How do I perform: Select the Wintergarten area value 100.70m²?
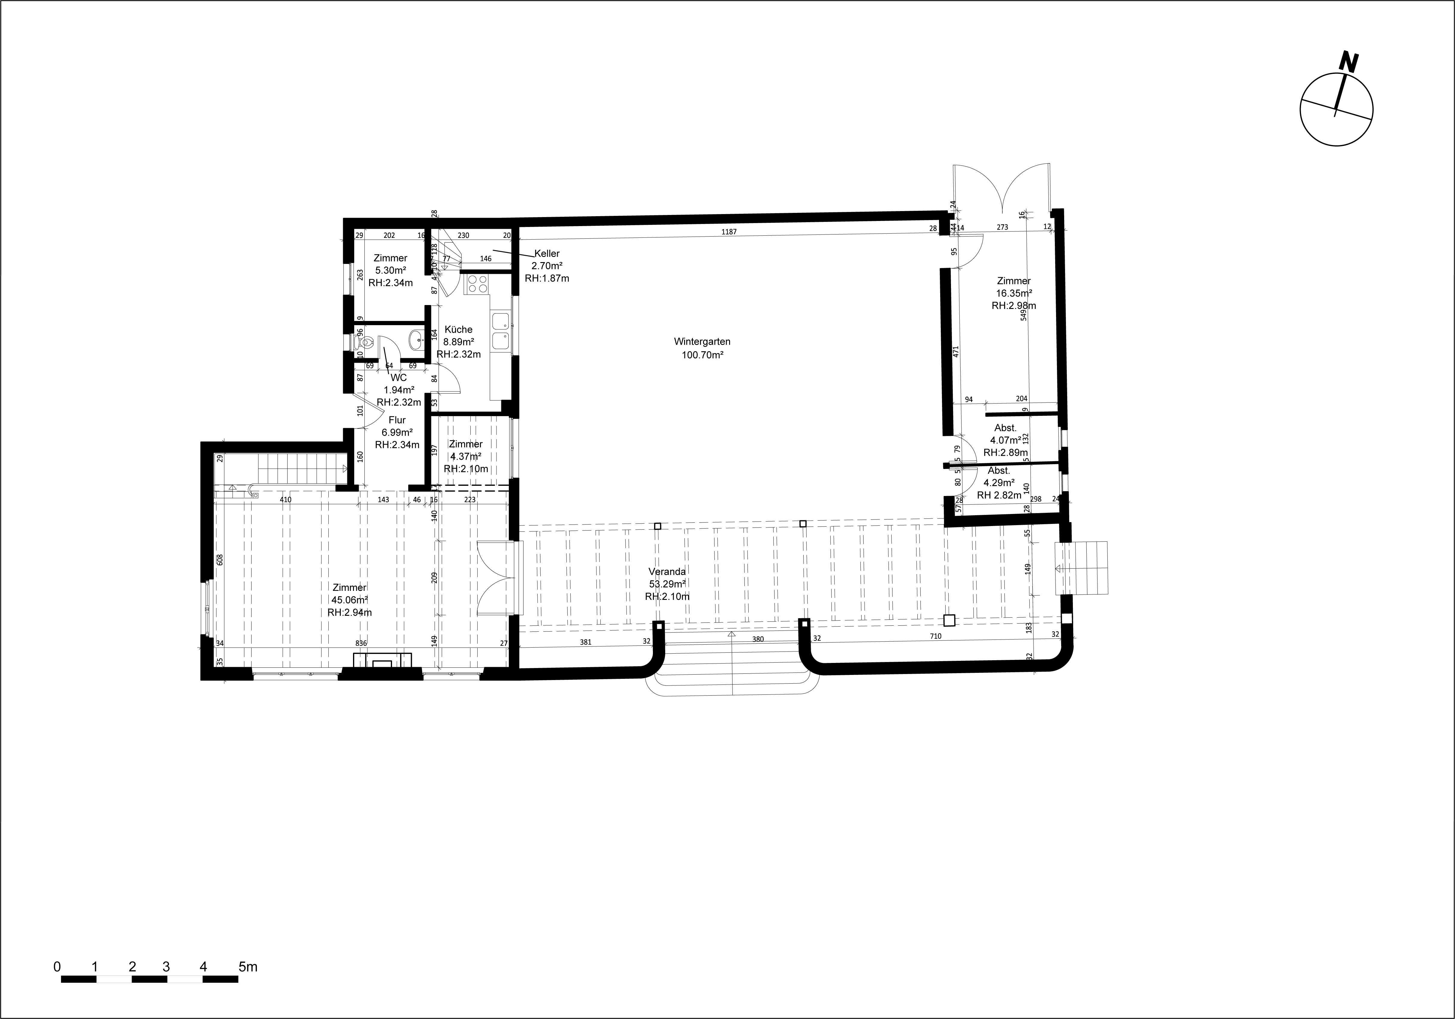(702, 355)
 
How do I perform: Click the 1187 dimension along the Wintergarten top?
(729, 232)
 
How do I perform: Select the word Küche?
(458, 330)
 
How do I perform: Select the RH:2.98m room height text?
(1014, 305)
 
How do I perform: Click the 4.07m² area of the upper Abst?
(1005, 440)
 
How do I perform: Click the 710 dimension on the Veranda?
(935, 636)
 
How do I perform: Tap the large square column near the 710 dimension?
(949, 620)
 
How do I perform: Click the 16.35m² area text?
(1014, 293)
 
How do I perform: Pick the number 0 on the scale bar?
(57, 967)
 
